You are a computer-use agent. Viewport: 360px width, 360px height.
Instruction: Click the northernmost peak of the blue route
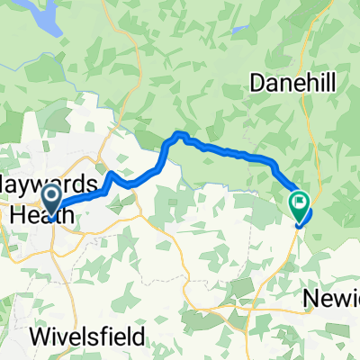tap(180, 134)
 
